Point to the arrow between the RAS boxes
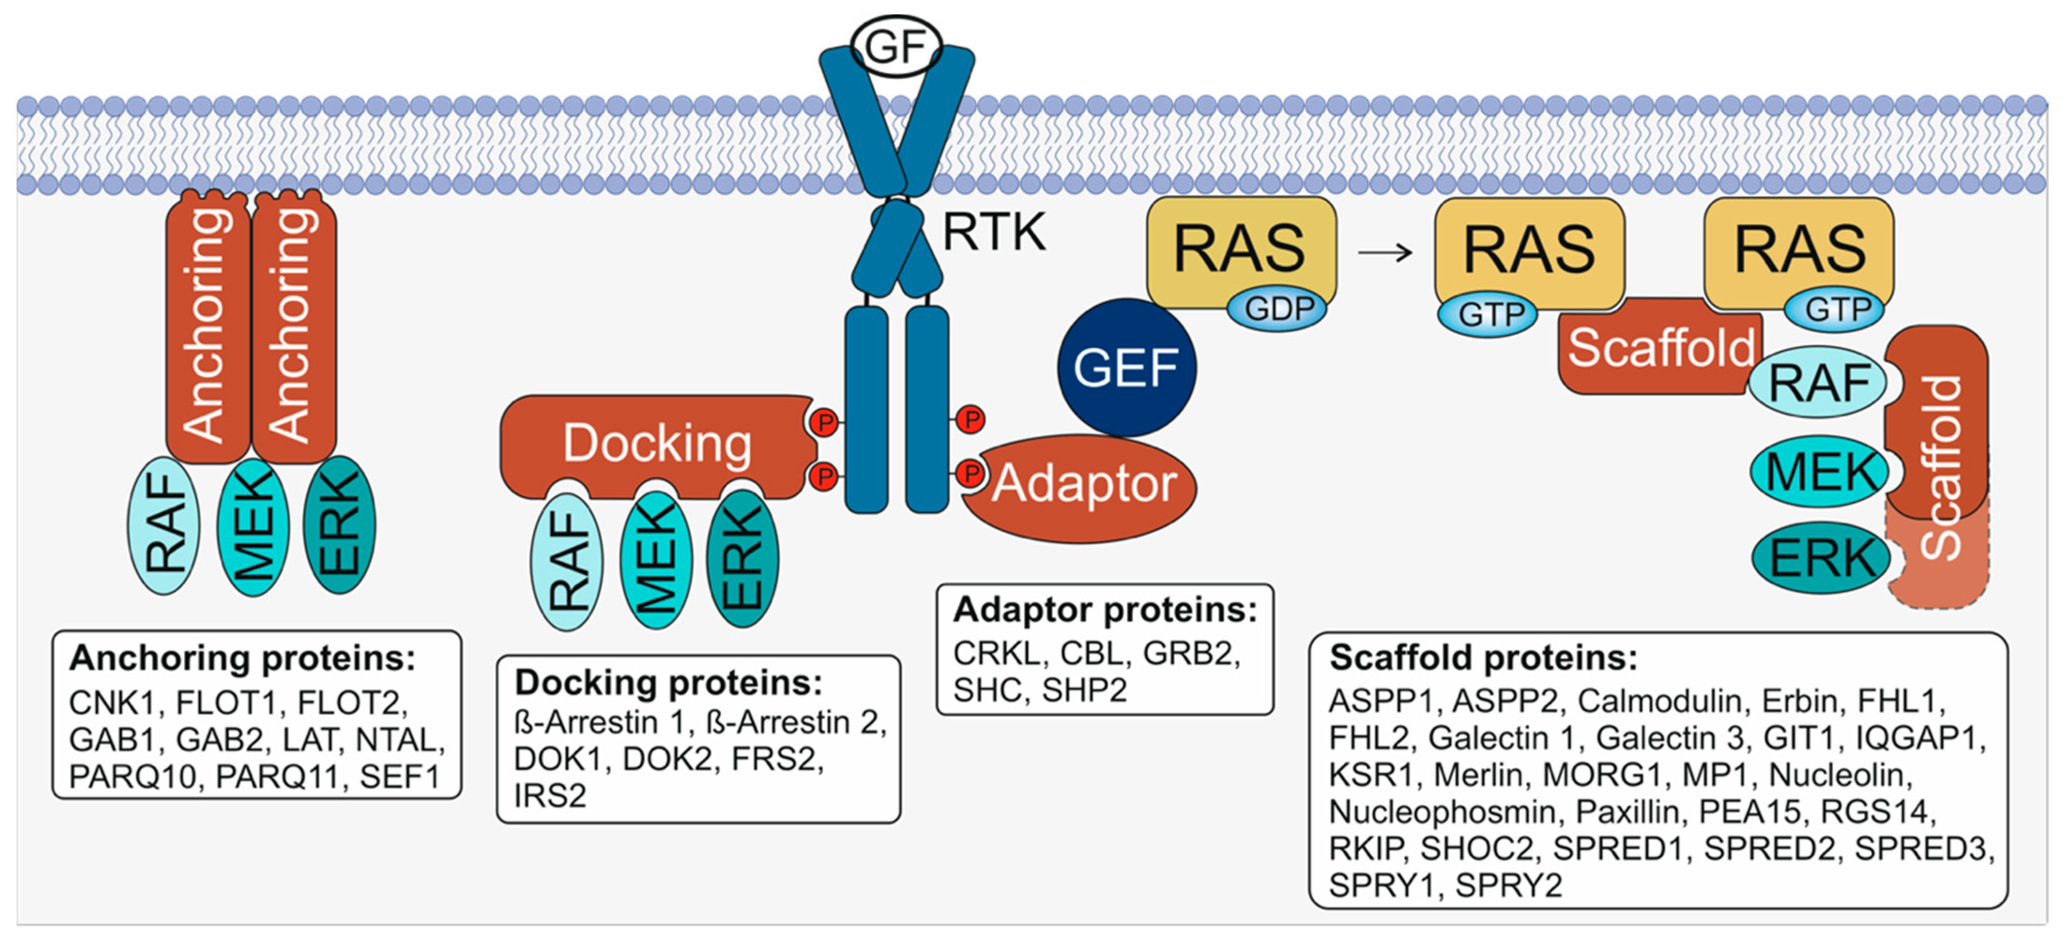click(1384, 253)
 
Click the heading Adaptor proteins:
click(1105, 610)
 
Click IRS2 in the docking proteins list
click(550, 796)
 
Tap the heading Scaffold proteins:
click(1483, 658)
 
